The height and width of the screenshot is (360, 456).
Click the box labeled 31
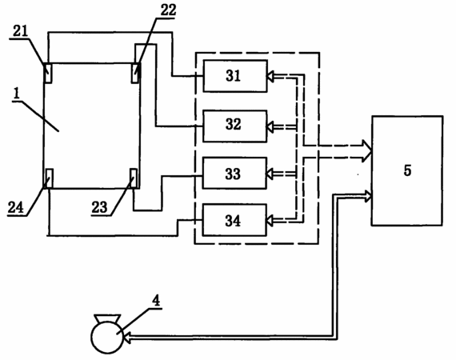click(x=235, y=76)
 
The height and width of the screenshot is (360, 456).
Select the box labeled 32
click(x=234, y=126)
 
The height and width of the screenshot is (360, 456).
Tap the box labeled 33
click(x=234, y=174)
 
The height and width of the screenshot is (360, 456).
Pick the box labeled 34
click(x=234, y=220)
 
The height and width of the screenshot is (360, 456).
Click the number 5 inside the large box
click(x=407, y=170)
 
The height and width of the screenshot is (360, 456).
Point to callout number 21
click(x=20, y=31)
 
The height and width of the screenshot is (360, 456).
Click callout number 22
click(x=168, y=10)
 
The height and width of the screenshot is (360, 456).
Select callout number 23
click(x=99, y=208)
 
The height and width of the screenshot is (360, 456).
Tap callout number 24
click(x=15, y=208)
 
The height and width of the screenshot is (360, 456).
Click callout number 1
click(x=17, y=94)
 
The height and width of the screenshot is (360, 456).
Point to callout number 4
click(x=157, y=301)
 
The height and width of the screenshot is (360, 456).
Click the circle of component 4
click(x=108, y=338)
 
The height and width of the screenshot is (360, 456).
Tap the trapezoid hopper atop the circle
click(x=107, y=318)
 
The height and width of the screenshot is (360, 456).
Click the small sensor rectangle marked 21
click(x=48, y=74)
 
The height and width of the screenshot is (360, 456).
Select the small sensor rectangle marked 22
click(x=136, y=73)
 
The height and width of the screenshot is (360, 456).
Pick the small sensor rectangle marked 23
click(x=134, y=178)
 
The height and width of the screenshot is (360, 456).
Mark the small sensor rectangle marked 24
click(x=49, y=178)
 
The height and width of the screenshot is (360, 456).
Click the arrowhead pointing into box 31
click(x=270, y=77)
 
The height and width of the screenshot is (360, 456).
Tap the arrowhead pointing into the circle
click(x=128, y=338)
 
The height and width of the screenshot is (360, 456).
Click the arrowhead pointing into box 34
click(x=270, y=221)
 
